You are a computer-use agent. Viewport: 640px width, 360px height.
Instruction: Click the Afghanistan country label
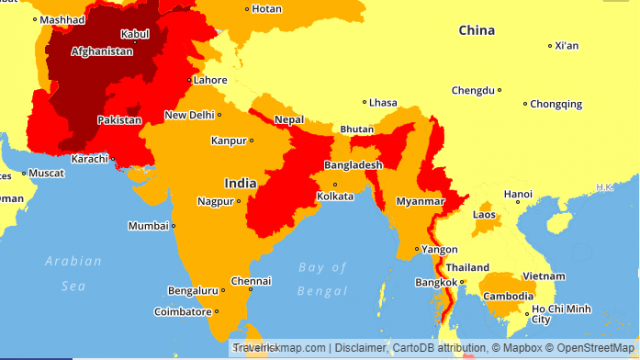pos(102,51)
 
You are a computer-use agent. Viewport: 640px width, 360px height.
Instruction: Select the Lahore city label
pos(211,80)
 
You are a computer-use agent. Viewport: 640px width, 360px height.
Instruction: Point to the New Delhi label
pos(190,115)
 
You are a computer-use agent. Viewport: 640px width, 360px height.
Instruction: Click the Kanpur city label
pos(229,141)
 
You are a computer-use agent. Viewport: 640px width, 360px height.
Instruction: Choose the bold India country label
pos(240,183)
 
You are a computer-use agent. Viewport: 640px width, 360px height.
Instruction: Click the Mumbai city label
pos(148,225)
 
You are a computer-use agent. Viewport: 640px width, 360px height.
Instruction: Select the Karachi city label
pos(91,158)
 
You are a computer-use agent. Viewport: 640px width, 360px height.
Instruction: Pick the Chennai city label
pos(250,281)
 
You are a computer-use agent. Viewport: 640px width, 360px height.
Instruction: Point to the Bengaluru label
pos(193,291)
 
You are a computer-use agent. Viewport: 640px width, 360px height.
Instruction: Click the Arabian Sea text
pos(73,272)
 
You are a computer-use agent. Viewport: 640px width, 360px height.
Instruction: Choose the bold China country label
pos(476,30)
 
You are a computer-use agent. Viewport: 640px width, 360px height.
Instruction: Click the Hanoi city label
pos(518,194)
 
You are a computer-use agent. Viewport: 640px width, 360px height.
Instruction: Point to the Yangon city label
pos(440,249)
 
